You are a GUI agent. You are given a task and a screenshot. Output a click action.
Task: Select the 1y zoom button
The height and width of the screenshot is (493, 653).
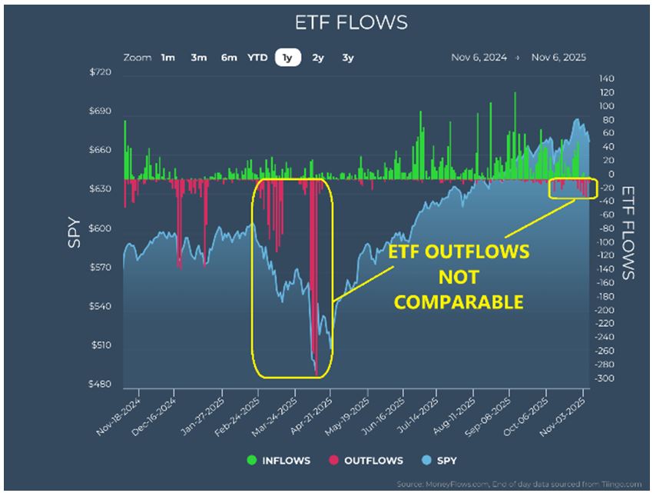tap(287, 58)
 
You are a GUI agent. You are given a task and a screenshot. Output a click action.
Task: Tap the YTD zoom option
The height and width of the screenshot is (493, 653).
tap(257, 58)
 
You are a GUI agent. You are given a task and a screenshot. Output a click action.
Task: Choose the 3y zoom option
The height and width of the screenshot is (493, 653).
tap(348, 58)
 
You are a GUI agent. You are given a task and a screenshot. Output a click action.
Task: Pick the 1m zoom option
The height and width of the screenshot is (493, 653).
tap(167, 58)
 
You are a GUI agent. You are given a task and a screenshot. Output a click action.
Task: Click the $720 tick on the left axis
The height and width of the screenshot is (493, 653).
tap(101, 72)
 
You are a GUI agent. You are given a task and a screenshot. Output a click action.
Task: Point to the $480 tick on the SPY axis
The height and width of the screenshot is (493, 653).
tap(101, 385)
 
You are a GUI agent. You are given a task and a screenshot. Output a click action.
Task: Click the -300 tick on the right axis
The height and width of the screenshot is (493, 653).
tap(605, 378)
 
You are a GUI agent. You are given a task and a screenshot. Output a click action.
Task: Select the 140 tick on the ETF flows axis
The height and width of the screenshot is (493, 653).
tap(606, 79)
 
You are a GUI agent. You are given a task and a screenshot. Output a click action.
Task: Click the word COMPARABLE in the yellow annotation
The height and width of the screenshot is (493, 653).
tap(459, 301)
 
